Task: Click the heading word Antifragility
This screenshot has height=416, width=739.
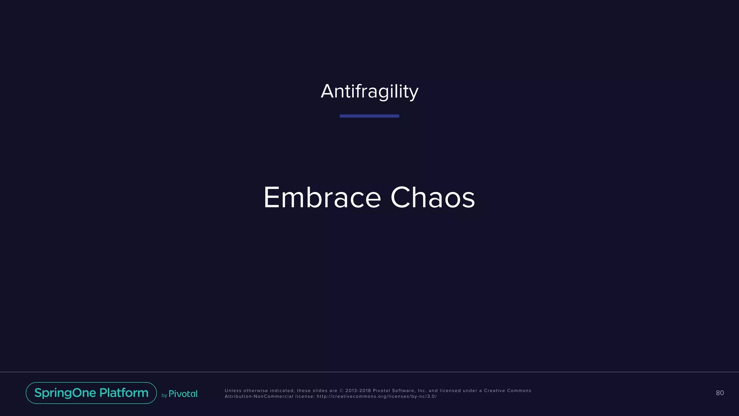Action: (x=369, y=91)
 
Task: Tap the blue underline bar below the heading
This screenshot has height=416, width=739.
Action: (x=369, y=116)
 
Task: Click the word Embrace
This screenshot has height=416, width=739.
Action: (x=322, y=198)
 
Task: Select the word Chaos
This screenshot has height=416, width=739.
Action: (x=433, y=198)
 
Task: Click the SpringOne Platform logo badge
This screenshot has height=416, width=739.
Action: (x=91, y=393)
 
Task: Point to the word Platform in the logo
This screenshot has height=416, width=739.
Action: (x=124, y=393)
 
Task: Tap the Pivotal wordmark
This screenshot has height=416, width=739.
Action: (x=183, y=394)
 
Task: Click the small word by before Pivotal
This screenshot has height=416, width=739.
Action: (x=164, y=396)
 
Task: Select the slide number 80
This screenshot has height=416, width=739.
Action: (x=720, y=393)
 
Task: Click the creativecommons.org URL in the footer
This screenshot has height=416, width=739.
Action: (x=377, y=396)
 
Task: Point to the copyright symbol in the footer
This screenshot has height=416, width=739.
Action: (x=341, y=391)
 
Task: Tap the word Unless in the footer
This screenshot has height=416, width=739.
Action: (x=233, y=391)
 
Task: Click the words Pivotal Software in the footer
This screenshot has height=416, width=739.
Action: (x=394, y=391)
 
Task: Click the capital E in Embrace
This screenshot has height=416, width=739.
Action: (x=271, y=198)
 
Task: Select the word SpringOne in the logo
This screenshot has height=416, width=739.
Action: (x=65, y=393)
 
